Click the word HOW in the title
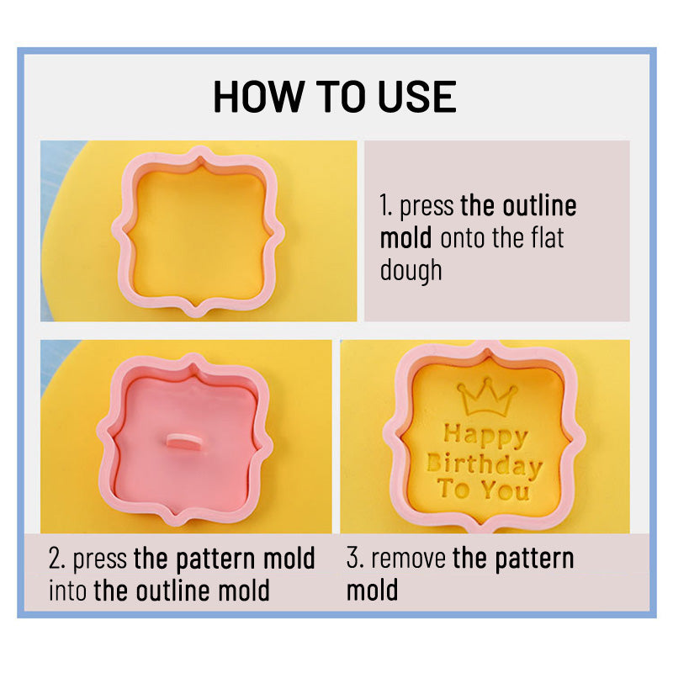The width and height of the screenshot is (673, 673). (257, 97)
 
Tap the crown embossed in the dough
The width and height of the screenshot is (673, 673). (487, 396)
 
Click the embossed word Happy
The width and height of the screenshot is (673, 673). (485, 437)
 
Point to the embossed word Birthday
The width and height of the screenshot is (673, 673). (485, 466)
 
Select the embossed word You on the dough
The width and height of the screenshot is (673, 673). (506, 490)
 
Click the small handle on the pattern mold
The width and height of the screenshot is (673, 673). (183, 441)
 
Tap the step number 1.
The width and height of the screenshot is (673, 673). (385, 206)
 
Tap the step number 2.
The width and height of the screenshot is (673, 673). (56, 559)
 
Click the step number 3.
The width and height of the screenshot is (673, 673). (354, 559)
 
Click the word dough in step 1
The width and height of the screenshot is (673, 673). (411, 271)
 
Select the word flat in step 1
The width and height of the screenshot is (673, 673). (548, 238)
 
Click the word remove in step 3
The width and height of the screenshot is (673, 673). (408, 559)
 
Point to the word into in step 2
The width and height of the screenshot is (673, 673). (68, 591)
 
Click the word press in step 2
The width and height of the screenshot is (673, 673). (99, 559)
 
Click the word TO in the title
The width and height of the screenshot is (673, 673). (339, 97)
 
